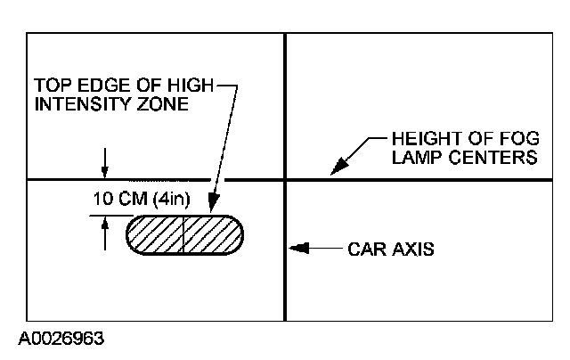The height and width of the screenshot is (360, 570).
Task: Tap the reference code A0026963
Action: click(61, 340)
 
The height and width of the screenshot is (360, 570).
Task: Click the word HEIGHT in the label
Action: click(422, 140)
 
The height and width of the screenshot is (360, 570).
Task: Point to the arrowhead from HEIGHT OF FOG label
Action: click(337, 170)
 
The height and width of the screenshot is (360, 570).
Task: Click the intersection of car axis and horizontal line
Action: click(285, 181)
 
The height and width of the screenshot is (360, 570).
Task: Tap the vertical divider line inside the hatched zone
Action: click(183, 235)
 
